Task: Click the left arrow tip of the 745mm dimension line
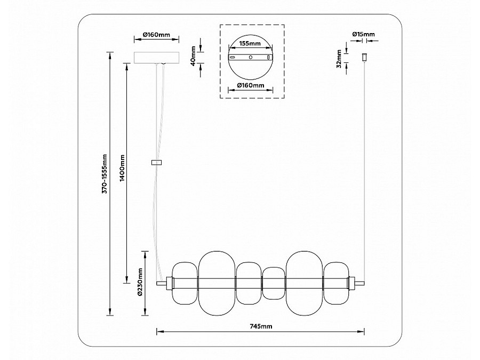click(157, 332)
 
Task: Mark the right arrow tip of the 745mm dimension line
click(364, 332)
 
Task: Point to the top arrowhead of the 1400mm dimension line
click(126, 63)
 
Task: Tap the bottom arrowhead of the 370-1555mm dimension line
click(109, 315)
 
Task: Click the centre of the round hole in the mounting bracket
click(251, 57)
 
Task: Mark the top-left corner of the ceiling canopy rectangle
click(134, 52)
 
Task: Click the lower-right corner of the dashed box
click(284, 98)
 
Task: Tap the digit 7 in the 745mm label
click(252, 326)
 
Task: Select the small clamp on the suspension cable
click(157, 163)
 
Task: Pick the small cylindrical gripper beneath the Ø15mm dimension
click(364, 57)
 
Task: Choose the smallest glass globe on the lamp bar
click(274, 284)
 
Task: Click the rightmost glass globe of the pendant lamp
click(337, 283)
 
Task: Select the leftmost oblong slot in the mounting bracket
click(233, 57)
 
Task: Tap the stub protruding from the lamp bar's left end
click(161, 283)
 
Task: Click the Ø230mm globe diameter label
click(140, 282)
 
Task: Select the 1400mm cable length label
click(122, 168)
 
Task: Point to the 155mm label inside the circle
click(250, 43)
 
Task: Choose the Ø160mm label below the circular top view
click(251, 85)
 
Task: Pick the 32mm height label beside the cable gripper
click(339, 59)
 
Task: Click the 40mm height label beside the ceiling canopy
click(193, 56)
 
